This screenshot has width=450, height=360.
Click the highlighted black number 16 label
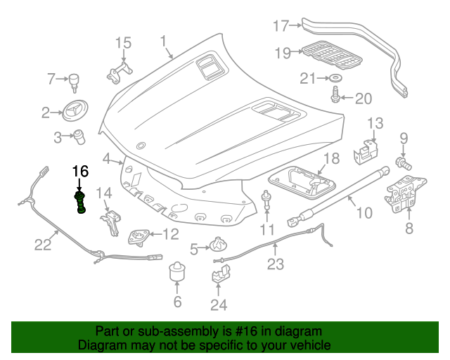point(80,171)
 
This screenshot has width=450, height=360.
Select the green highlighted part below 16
point(81,200)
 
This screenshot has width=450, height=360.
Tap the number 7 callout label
point(51,79)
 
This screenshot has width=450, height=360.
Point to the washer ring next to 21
point(335,77)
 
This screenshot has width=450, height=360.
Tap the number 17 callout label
point(281,26)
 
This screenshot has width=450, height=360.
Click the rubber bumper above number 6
point(177,273)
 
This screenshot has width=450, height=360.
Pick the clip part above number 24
point(219,273)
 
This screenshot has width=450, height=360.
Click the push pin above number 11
point(267,198)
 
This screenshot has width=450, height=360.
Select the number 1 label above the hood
point(163,41)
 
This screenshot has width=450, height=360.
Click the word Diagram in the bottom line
point(101,346)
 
